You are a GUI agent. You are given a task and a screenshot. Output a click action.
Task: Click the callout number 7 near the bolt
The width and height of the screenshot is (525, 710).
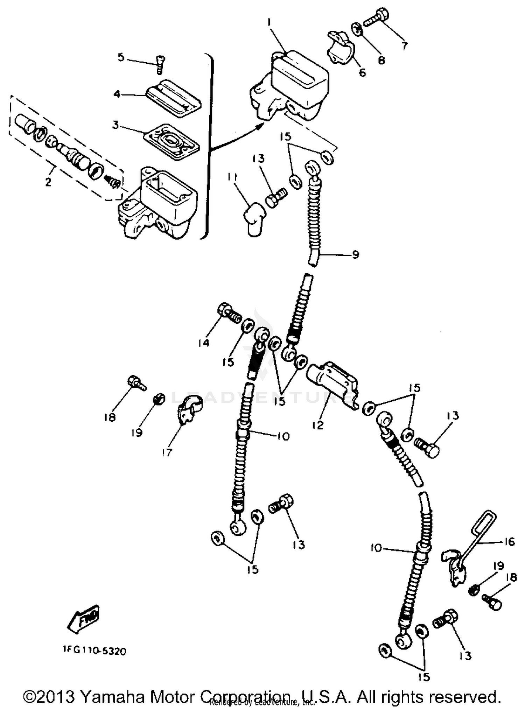[405, 46]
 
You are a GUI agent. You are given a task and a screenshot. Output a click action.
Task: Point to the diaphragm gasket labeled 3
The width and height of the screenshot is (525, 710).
[172, 140]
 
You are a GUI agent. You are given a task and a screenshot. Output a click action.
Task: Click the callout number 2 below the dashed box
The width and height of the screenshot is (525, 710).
[48, 182]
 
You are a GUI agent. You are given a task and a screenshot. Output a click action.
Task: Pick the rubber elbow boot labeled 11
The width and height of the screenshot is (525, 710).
[254, 219]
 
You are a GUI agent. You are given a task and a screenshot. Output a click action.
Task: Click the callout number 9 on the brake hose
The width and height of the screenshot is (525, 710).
[355, 254]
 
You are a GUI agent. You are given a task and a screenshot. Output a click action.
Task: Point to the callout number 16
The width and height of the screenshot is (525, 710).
[510, 542]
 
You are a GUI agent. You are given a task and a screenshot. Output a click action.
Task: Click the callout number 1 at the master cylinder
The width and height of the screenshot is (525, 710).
[269, 22]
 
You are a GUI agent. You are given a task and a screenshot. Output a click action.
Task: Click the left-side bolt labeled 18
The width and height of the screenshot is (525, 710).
[136, 382]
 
